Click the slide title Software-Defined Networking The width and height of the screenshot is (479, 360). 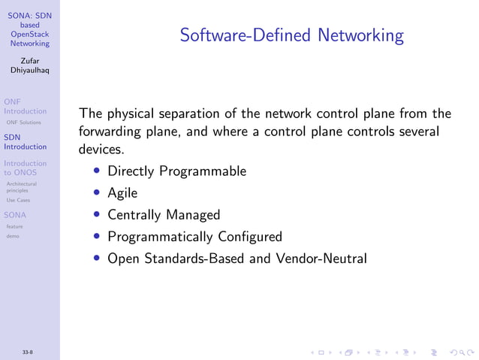pos(291,35)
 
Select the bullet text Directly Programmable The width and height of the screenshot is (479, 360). pos(176,171)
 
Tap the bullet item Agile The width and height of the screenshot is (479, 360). pos(122,192)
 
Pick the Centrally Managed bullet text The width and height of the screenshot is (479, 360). pos(164,214)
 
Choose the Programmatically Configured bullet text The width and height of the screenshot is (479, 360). pos(194,237)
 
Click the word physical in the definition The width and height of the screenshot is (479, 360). pos(134,114)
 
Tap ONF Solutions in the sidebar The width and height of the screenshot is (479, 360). pos(23,122)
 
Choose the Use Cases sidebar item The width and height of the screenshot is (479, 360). pos(18,201)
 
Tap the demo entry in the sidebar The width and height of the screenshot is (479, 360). pos(13,236)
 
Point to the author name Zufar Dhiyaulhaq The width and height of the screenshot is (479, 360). pos(30,65)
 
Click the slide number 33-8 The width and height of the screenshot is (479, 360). pos(27,352)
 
